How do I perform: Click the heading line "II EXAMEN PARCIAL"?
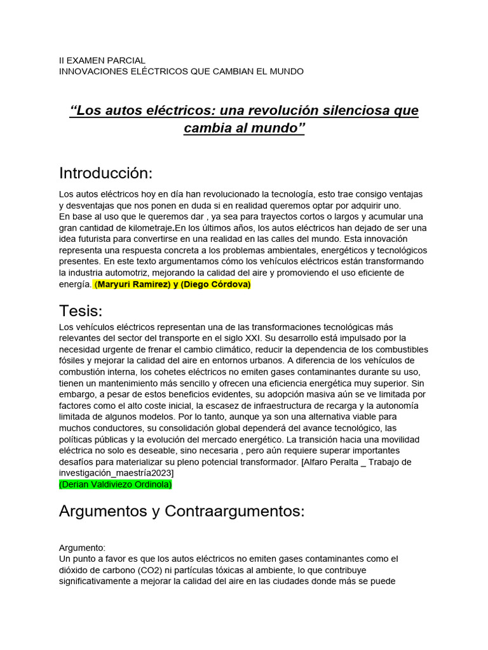[102, 60]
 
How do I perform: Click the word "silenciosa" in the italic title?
[349, 110]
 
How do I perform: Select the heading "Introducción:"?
[106, 173]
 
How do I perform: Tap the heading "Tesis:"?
[81, 310]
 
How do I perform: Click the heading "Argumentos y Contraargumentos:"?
[182, 511]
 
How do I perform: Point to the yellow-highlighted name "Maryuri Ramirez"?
[133, 284]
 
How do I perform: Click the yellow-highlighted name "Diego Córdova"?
[216, 284]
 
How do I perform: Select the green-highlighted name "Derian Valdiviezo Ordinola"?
[115, 484]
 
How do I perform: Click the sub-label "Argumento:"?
[82, 547]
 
